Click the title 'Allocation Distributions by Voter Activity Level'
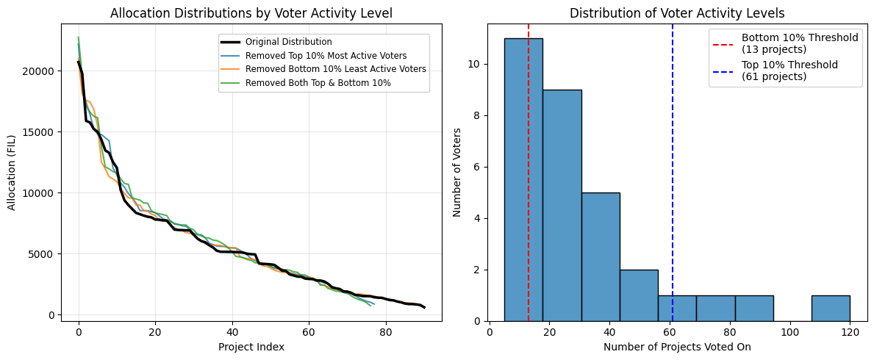251,12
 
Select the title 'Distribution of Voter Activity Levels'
677,12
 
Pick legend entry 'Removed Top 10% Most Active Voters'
326,56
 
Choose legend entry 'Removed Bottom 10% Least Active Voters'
335,69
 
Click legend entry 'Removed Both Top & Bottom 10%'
318,82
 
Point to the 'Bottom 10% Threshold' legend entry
799,43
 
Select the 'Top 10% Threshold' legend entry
789,70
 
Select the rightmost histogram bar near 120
831,309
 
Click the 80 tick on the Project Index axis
386,331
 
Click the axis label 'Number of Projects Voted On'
677,347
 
